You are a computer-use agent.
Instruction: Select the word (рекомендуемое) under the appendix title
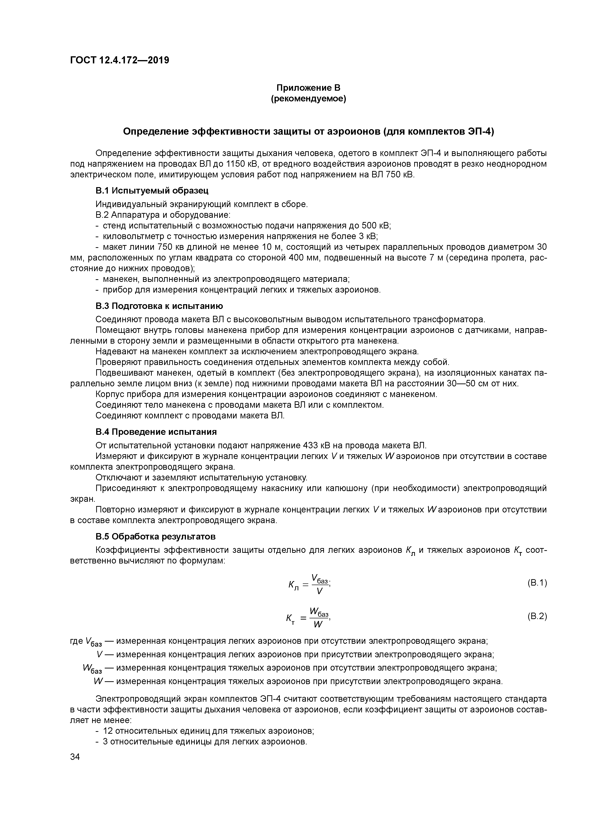coord(309,99)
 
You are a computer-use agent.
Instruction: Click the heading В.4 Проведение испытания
coord(156,432)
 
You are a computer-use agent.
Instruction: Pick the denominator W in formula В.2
coord(318,624)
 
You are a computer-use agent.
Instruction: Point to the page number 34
coord(75,757)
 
